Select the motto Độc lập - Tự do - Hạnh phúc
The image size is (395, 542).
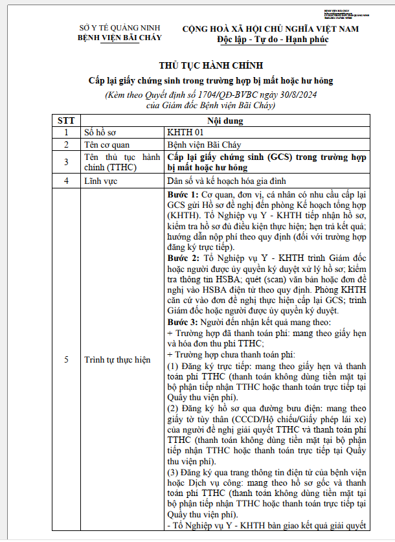273,40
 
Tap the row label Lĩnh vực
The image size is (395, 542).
101,181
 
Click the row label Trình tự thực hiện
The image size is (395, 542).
117,359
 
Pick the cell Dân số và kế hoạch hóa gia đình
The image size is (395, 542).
226,181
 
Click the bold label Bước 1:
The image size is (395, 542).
182,195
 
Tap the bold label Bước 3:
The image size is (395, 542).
182,322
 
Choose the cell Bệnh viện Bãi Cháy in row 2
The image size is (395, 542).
204,145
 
